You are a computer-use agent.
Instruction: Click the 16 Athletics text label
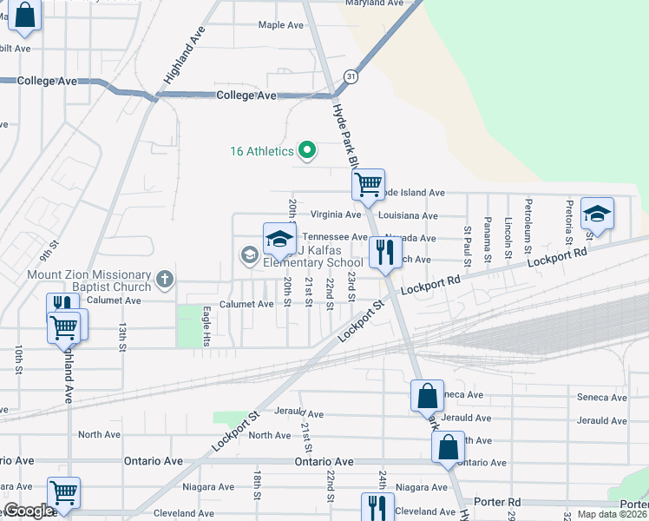coord(262,151)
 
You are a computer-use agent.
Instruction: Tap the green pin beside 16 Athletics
coord(306,151)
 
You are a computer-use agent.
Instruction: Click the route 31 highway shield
coord(351,77)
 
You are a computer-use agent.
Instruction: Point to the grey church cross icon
coord(165,280)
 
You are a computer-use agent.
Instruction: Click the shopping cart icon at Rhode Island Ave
coord(368,184)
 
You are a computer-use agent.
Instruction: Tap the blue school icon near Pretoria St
coord(597,214)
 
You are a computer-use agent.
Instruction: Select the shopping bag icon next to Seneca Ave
coord(427,396)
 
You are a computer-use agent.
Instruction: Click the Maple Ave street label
coord(281,25)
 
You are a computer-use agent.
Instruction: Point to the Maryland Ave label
coord(375,3)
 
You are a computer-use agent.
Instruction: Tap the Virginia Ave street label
coord(335,214)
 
